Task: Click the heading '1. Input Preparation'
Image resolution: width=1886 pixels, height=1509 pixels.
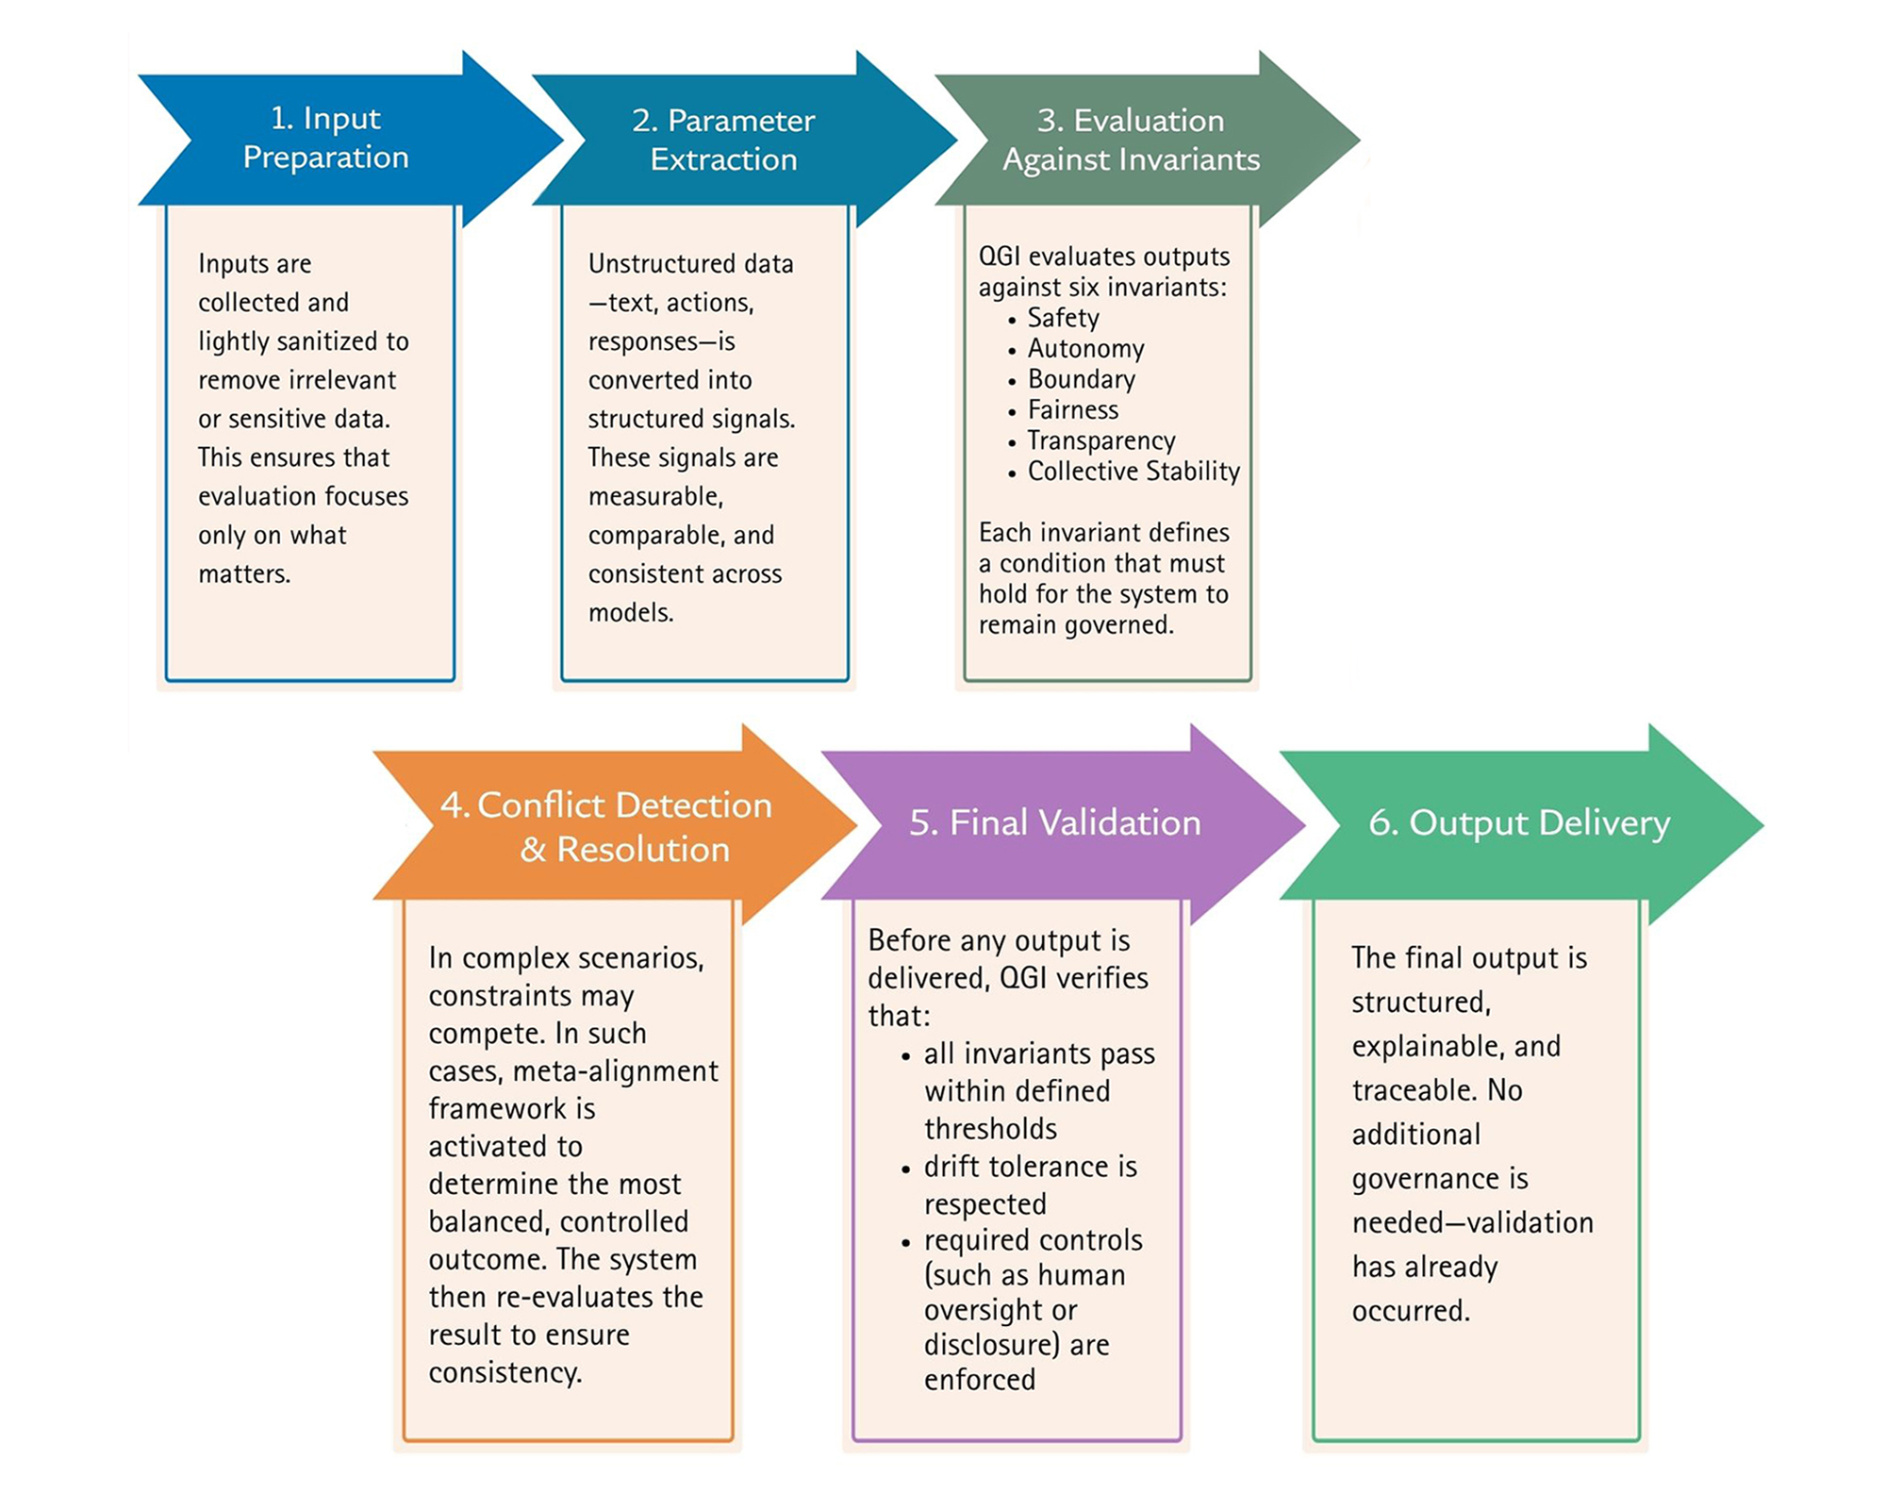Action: point(325,138)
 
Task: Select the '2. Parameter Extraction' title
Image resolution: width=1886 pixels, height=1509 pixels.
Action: point(723,140)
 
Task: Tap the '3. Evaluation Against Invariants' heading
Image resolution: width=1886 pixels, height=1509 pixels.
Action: point(1131,140)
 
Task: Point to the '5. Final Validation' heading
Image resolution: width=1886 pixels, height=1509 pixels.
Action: point(1054,822)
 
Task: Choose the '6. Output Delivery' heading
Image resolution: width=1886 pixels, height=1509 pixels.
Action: point(1519,822)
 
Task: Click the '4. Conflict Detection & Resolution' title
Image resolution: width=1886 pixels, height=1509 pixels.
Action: point(606,827)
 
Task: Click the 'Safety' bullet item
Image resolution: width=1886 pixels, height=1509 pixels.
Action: point(1063,318)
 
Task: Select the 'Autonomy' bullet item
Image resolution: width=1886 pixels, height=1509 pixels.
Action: point(1085,349)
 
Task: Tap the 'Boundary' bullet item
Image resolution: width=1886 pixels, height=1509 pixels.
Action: point(1082,379)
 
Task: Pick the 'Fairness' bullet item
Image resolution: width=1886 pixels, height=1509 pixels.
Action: point(1073,410)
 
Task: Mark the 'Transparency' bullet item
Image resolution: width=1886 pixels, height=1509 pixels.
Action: point(1101,440)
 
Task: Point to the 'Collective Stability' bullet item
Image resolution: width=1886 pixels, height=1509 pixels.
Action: point(1133,471)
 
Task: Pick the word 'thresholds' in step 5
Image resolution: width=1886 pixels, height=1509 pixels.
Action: point(990,1129)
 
